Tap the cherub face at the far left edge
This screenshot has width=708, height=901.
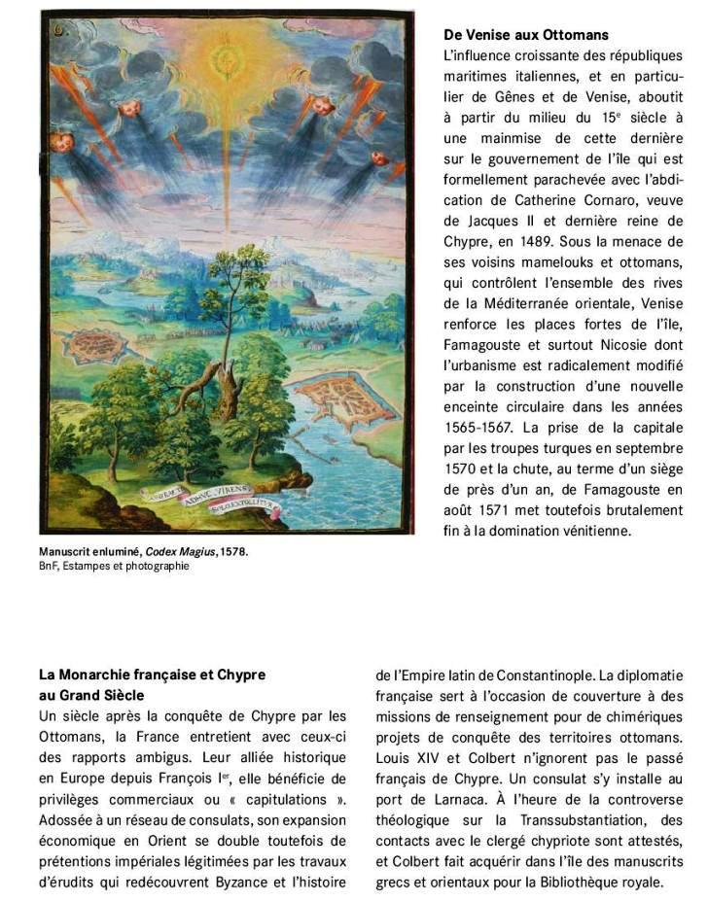tap(60, 143)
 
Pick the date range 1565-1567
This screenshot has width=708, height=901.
tap(478, 427)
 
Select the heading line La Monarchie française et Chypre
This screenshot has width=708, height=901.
tap(152, 675)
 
